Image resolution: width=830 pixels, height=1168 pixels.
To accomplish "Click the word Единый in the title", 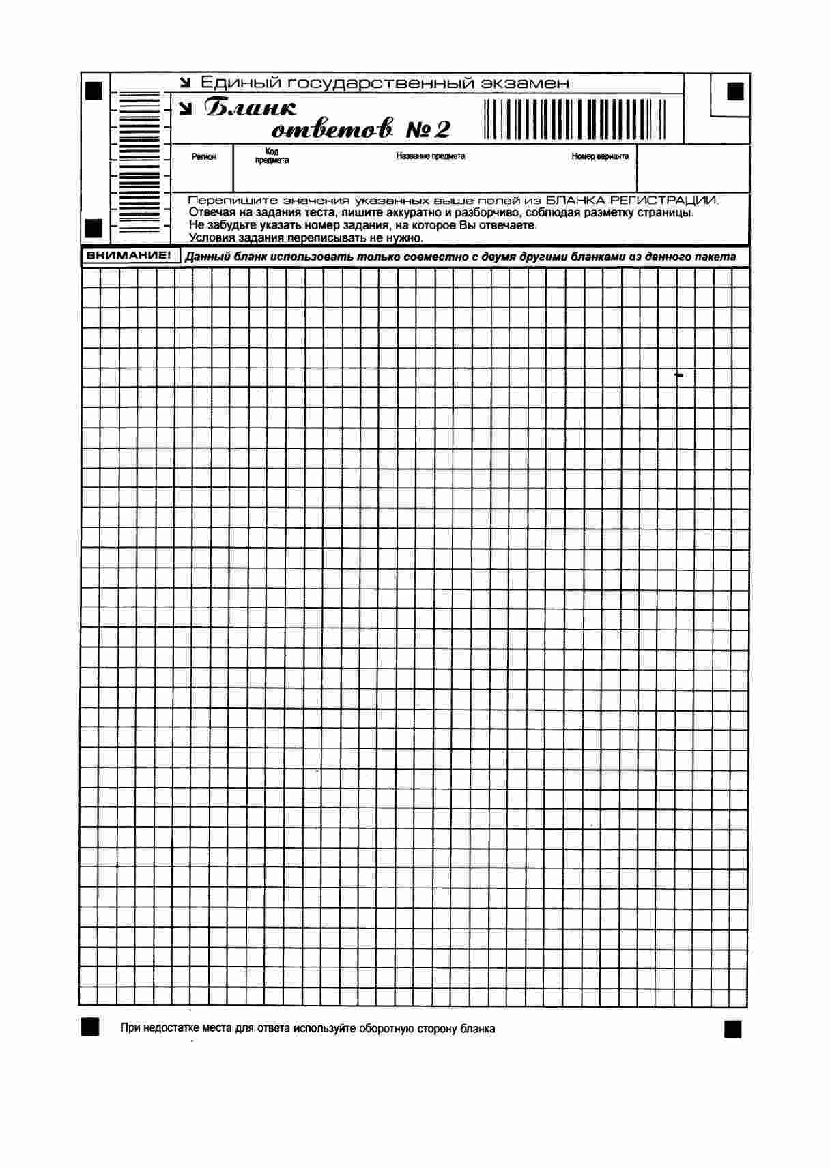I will point(239,83).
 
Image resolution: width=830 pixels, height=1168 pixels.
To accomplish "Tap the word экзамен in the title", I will point(524,83).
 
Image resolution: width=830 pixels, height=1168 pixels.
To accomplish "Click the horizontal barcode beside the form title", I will point(575,119).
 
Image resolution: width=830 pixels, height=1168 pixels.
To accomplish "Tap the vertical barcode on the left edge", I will point(139,164).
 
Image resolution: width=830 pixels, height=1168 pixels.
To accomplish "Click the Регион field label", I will point(203,157).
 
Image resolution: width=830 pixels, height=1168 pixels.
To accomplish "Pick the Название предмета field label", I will point(431,156).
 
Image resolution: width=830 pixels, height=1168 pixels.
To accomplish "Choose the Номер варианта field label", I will point(600,156).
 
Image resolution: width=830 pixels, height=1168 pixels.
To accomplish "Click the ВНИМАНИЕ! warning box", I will point(128,256).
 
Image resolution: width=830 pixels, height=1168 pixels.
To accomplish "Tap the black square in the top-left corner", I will point(94,89).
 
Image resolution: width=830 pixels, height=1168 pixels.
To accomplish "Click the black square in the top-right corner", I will point(735,91).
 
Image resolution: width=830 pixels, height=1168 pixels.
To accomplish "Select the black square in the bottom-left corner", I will point(89,1027).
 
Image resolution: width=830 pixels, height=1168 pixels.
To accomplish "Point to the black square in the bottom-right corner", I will point(732,1029).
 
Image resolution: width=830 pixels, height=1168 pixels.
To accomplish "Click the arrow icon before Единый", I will point(185,83).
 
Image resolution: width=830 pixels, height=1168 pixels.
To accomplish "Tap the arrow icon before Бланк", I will point(185,108).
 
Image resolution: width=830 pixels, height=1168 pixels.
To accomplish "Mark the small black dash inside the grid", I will point(678,375).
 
